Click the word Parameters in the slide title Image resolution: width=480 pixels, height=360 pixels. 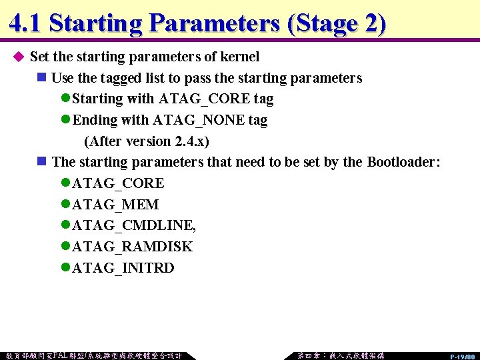coord(214,23)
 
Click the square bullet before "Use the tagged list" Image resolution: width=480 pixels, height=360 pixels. coord(41,78)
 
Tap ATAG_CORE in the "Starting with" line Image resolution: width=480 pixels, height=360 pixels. coord(205,99)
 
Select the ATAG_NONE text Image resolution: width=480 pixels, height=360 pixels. coord(200,121)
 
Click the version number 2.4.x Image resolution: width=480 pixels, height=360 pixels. coord(189,142)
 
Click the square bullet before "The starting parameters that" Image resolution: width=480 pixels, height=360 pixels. coord(41,162)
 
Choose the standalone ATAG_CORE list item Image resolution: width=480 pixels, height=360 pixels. coord(118,183)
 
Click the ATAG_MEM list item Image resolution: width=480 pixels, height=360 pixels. coord(115,205)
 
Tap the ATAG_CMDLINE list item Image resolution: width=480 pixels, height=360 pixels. coord(133,225)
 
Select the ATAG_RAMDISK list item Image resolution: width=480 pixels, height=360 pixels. coord(132,247)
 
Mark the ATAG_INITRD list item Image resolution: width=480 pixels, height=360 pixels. coord(123,268)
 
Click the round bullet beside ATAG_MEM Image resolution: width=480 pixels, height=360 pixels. coord(65,205)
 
